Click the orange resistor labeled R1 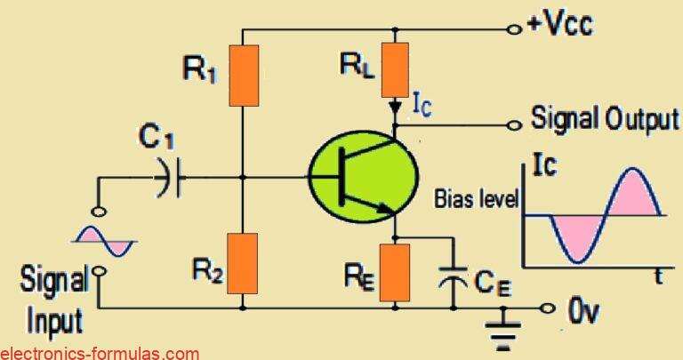(244, 75)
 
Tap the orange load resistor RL (395, 69)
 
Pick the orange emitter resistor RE (395, 271)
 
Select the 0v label (578, 310)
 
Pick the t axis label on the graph (658, 276)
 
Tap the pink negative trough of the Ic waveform (575, 240)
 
